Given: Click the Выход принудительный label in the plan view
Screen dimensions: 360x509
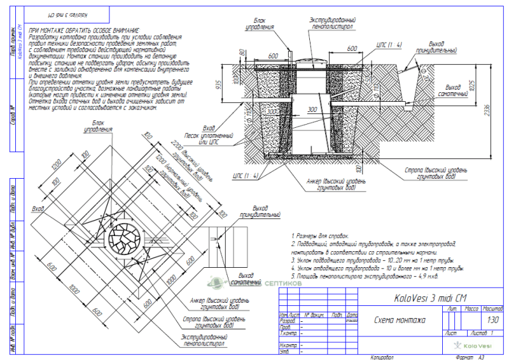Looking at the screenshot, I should pos(265,211).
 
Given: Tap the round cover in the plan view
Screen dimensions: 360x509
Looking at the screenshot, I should pos(125,240).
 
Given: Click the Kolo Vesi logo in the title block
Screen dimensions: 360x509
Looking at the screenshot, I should pos(472,345).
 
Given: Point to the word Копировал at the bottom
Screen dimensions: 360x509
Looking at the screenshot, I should pos(381,357).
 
